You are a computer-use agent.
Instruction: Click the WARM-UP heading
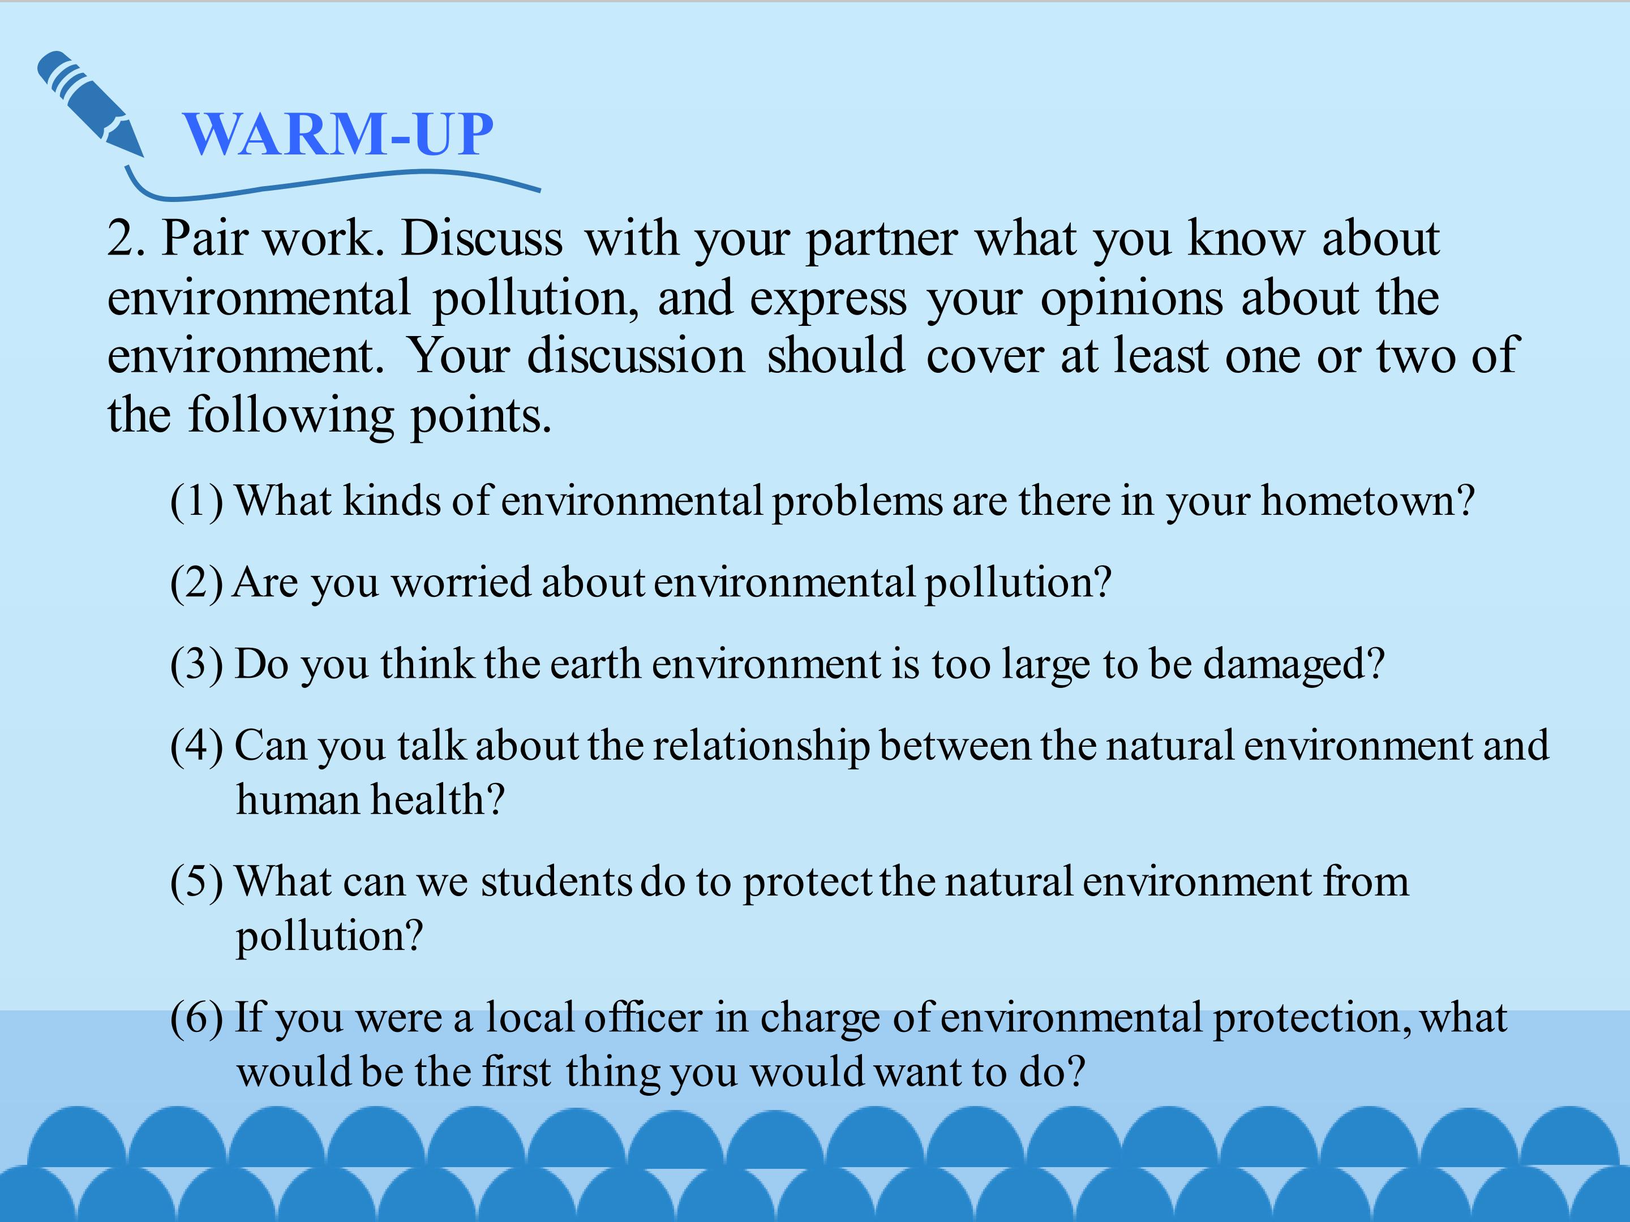pos(338,134)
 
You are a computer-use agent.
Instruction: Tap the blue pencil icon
pos(89,102)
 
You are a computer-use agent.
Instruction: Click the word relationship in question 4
pos(761,747)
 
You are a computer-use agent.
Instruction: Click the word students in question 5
pos(556,883)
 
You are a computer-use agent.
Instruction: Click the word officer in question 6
pos(644,1018)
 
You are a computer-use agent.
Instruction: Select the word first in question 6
pos(517,1073)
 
